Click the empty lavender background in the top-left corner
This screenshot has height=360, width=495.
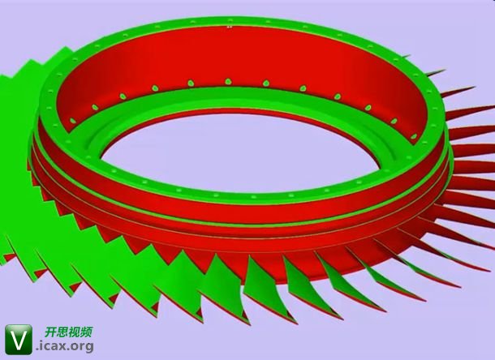click(x=24, y=20)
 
